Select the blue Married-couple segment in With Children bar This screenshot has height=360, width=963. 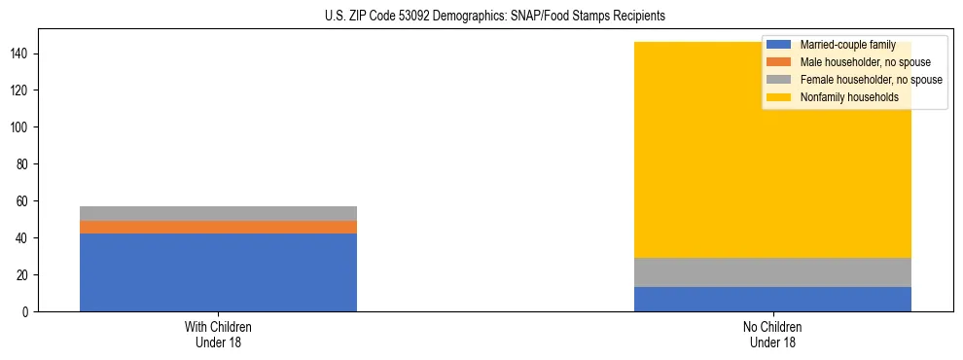(x=218, y=272)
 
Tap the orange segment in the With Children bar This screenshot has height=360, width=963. (x=218, y=227)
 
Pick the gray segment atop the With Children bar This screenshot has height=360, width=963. (x=218, y=213)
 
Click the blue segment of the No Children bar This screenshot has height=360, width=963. (x=772, y=299)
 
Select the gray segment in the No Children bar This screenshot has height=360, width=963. (x=772, y=272)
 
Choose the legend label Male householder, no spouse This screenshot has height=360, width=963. (x=865, y=62)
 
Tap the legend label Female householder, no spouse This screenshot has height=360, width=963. (x=871, y=80)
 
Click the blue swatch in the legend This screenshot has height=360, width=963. (x=779, y=45)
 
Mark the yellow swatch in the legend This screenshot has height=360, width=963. (x=779, y=97)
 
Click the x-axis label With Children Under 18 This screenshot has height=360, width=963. (x=218, y=335)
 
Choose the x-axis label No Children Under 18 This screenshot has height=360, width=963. (x=772, y=335)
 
